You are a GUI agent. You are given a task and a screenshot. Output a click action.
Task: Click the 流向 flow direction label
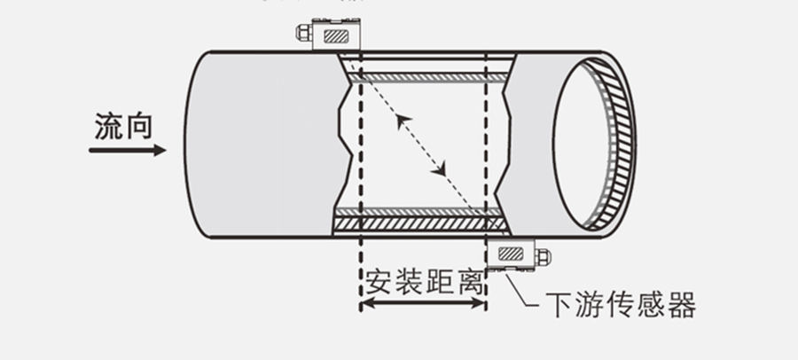point(123,128)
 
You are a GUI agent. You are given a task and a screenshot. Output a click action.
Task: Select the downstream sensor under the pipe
point(516,254)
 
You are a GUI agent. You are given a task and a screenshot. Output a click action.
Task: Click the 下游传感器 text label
point(620,306)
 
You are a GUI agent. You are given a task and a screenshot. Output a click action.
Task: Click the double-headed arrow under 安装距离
point(423,304)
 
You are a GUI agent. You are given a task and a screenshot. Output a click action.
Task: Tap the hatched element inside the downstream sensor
point(510,254)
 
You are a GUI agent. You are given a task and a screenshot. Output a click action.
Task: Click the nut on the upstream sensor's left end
point(301,35)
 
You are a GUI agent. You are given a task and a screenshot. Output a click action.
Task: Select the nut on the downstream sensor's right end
point(543,257)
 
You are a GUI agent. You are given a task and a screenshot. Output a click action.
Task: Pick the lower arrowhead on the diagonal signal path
point(443,168)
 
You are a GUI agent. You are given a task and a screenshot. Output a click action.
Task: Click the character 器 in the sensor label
point(682,306)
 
